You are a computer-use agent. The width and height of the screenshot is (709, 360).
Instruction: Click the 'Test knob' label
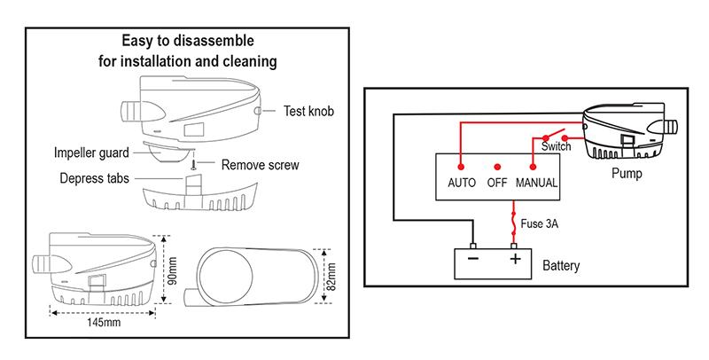[310, 112]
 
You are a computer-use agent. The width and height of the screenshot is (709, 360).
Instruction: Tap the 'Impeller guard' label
[91, 151]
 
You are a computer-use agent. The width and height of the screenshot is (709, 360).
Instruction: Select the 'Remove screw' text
[261, 164]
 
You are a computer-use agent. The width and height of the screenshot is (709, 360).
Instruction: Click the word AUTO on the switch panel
[462, 184]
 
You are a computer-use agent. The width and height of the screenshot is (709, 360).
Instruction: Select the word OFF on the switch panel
[497, 184]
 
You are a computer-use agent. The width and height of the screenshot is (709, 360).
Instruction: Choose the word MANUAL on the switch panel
[536, 184]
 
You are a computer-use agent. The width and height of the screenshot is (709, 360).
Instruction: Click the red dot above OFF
[497, 166]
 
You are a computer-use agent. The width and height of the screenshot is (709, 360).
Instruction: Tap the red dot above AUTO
[462, 166]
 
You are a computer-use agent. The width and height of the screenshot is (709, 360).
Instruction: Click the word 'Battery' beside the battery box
[561, 264]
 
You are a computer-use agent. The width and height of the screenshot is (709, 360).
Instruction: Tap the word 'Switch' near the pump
[556, 147]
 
